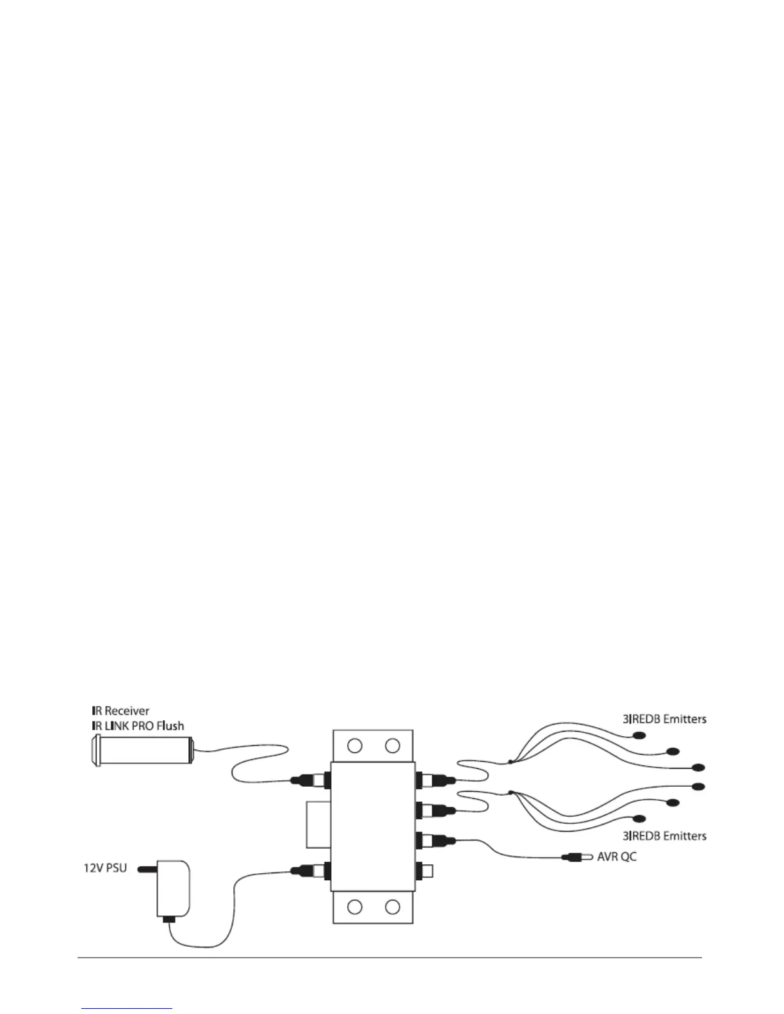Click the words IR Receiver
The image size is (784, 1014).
tap(120, 711)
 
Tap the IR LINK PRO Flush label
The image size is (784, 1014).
tap(137, 726)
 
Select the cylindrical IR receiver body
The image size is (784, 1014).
tap(144, 750)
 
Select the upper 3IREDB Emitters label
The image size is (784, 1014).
tap(664, 719)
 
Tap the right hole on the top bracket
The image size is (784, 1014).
tap(393, 745)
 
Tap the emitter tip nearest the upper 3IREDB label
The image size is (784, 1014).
tap(638, 736)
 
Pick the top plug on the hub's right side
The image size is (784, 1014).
tap(438, 780)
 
